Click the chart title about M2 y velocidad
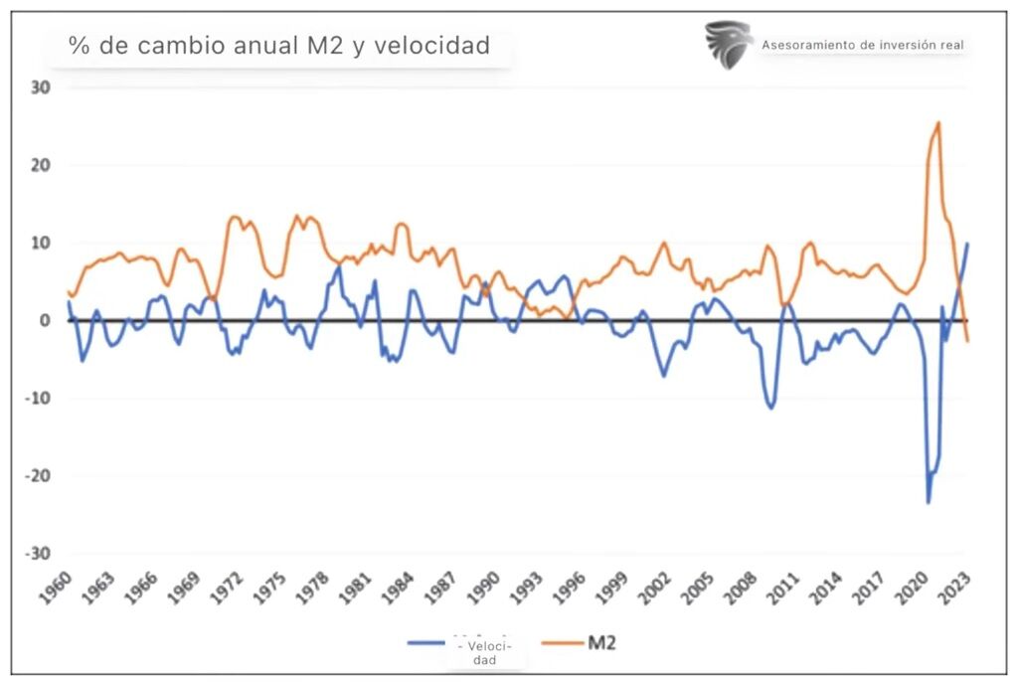point(278,46)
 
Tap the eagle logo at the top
point(728,45)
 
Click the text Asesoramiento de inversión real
point(862,45)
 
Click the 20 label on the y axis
point(41,165)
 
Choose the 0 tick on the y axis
point(45,320)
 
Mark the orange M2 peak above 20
point(938,123)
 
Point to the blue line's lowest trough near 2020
point(929,502)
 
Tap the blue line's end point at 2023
point(967,244)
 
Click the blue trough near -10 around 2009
point(770,408)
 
